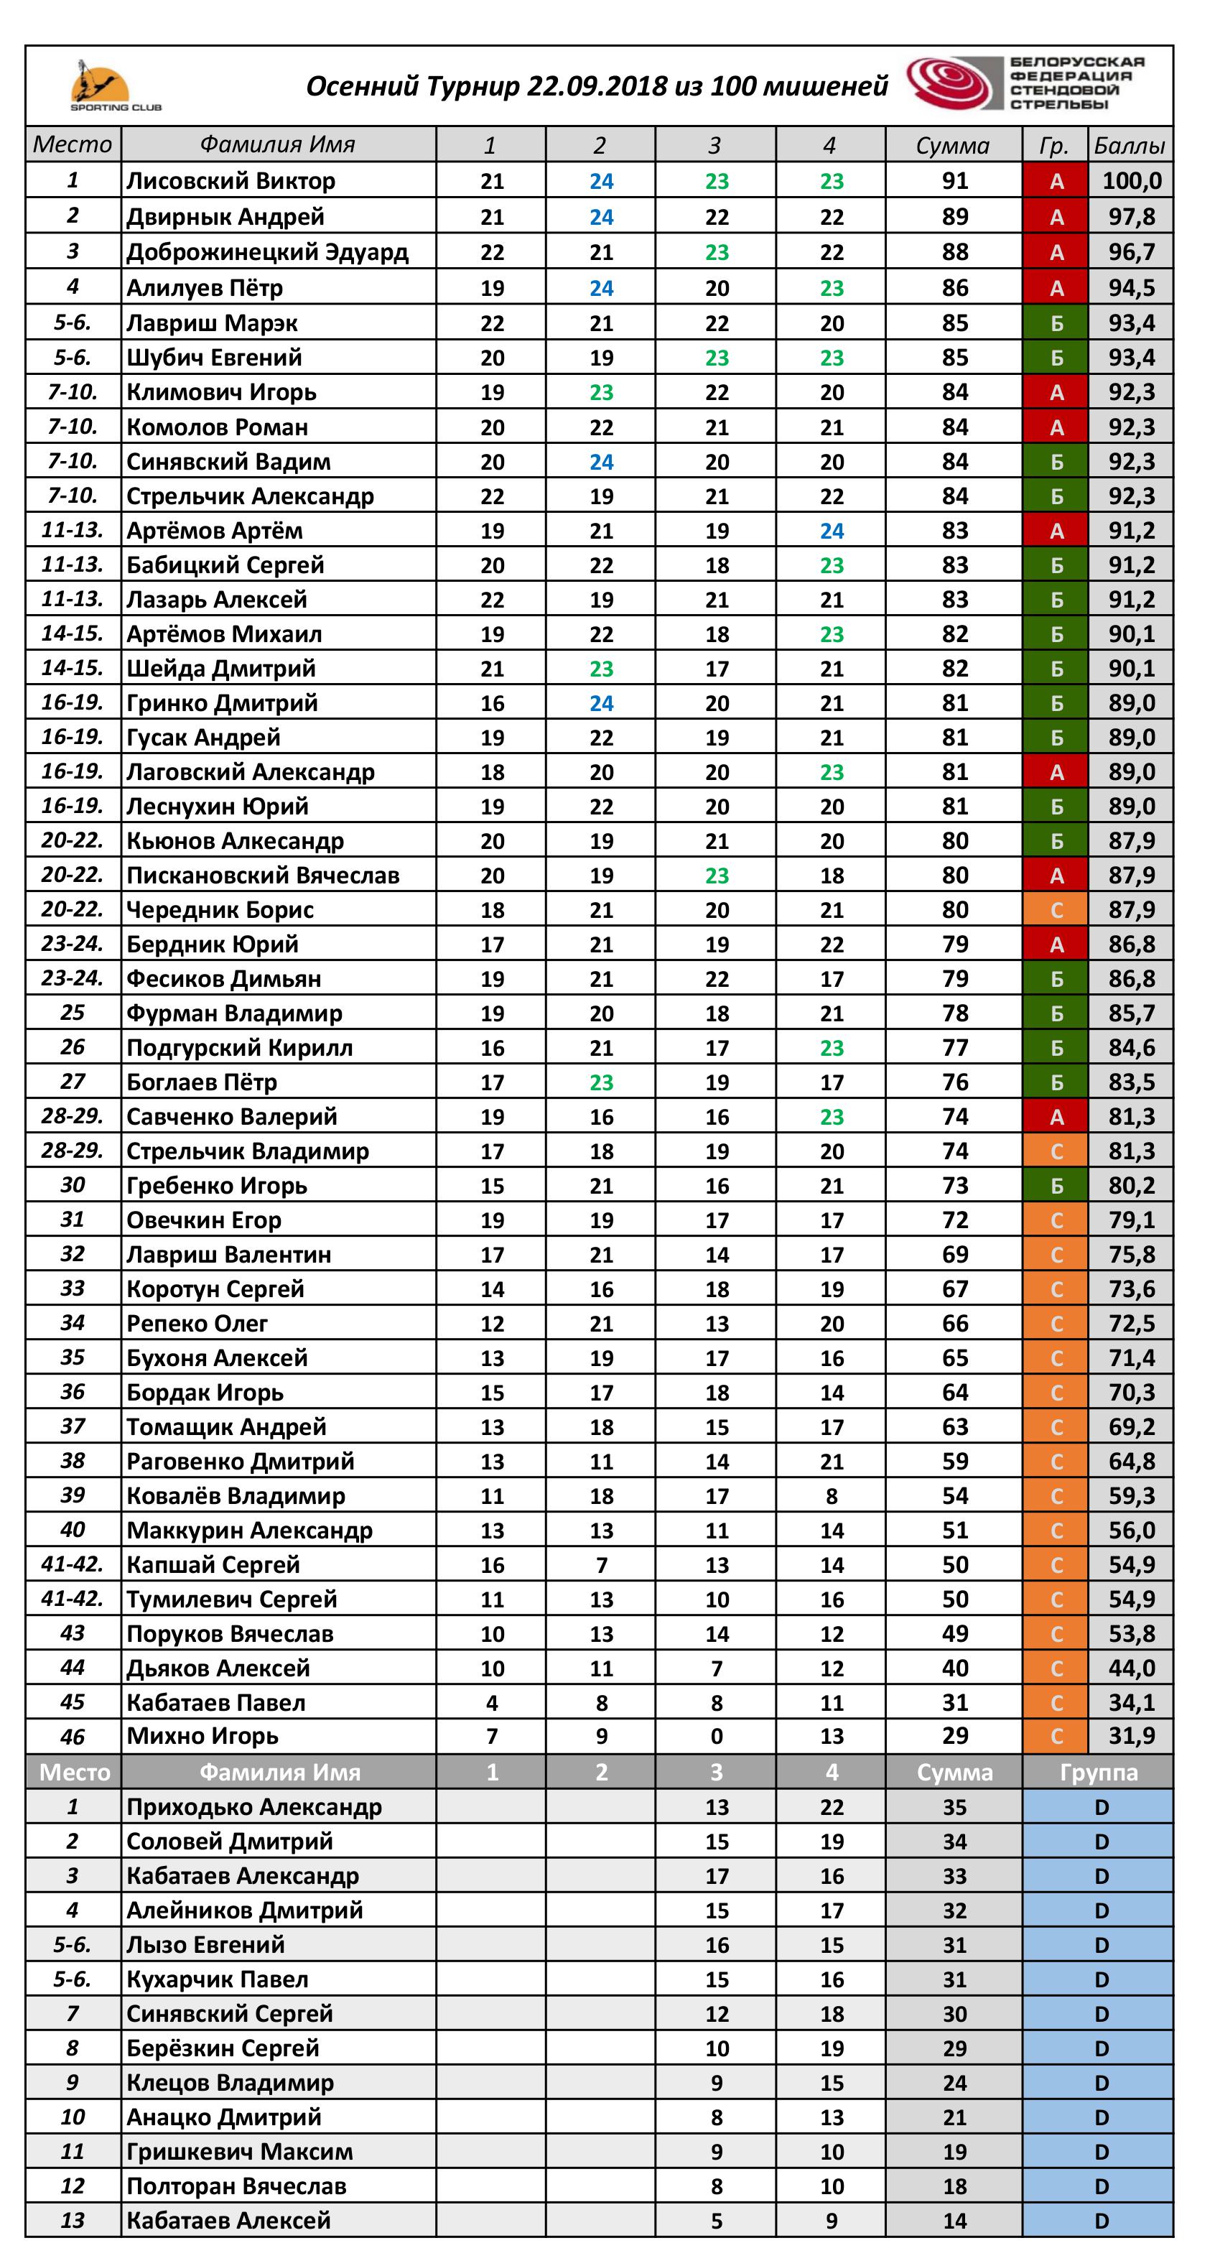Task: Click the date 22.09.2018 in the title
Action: tap(597, 86)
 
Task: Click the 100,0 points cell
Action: tap(1132, 181)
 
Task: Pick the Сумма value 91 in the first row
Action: tap(954, 181)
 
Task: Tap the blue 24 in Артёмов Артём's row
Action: tap(832, 531)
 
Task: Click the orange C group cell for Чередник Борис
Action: tap(1056, 909)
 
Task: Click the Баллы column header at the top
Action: tap(1130, 145)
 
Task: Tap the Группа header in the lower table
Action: tap(1098, 1772)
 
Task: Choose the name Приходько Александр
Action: tap(253, 1807)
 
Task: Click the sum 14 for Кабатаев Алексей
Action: tap(954, 2220)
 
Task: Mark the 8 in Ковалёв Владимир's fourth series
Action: tap(832, 1495)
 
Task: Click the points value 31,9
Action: tap(1132, 1735)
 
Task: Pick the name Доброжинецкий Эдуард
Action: tap(266, 253)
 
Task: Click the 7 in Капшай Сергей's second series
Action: tap(601, 1565)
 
